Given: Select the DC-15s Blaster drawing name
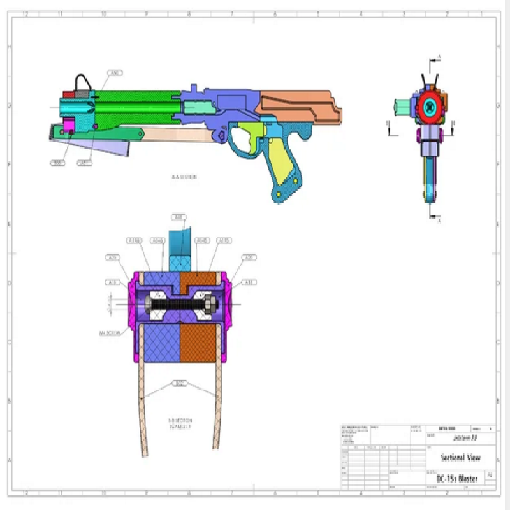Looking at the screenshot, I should click(x=456, y=478).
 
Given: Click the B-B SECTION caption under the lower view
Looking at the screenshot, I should click(x=180, y=424).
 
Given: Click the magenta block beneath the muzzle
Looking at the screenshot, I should click(x=67, y=127).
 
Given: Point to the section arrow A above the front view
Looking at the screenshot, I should click(x=438, y=59).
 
